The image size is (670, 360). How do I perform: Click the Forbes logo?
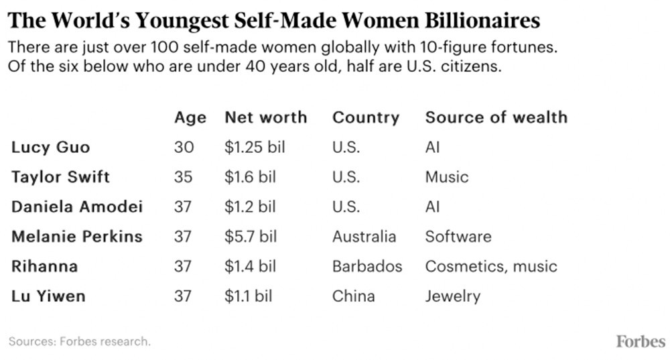point(640,341)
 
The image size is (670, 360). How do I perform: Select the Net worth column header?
point(265,117)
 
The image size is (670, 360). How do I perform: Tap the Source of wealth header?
point(496,117)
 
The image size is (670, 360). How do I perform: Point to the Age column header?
point(190,117)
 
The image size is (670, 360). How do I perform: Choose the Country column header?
point(365,117)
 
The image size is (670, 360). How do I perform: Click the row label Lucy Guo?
point(50,147)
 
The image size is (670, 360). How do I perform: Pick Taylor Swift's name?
point(60,177)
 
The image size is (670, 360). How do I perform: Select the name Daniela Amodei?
point(76,206)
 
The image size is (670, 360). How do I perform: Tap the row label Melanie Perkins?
point(76,236)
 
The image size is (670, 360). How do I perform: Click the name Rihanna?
point(44,266)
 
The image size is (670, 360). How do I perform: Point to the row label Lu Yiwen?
point(48,296)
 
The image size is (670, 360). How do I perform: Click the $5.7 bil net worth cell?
point(251,236)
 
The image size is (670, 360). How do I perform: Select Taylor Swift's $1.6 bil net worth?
point(251,177)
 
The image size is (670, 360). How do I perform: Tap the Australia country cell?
point(364,236)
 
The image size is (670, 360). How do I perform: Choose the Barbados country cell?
point(367,266)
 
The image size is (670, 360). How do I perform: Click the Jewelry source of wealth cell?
point(452,296)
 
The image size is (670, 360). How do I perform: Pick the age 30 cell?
point(183,147)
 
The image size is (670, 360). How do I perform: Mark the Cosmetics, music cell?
point(490,266)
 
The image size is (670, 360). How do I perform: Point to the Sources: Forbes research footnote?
point(79,342)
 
